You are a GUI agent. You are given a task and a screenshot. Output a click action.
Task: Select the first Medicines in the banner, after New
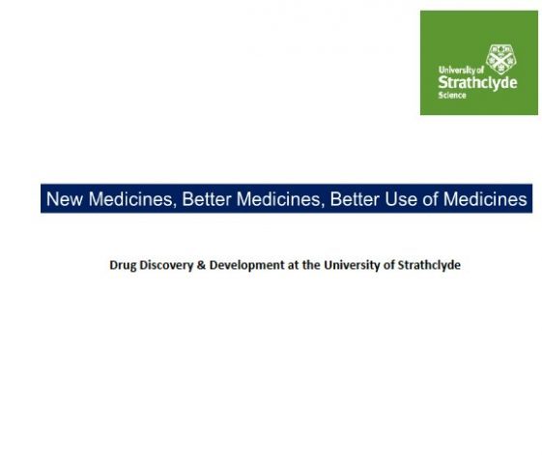[131, 199]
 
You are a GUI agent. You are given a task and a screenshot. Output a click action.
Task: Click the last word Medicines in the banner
[485, 199]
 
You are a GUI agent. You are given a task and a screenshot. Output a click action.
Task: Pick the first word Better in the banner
[207, 199]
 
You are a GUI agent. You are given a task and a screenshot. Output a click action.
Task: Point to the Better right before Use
[355, 199]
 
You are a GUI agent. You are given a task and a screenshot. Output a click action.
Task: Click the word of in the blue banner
[430, 199]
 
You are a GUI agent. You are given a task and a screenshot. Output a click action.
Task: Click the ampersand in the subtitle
[201, 265]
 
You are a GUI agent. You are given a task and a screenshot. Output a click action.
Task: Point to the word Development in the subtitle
[246, 265]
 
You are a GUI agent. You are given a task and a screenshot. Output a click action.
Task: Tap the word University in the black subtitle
[353, 265]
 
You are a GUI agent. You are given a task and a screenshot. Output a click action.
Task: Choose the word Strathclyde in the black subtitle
[429, 265]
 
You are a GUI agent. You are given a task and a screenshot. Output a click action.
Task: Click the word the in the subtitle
[311, 265]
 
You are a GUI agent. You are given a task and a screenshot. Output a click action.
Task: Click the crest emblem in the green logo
[500, 59]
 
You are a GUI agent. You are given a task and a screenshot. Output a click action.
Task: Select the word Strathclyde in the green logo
[477, 83]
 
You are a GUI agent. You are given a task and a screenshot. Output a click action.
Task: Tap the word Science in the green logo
[452, 95]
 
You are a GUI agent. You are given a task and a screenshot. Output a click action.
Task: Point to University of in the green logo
[461, 70]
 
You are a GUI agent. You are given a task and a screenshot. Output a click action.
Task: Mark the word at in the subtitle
[293, 265]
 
